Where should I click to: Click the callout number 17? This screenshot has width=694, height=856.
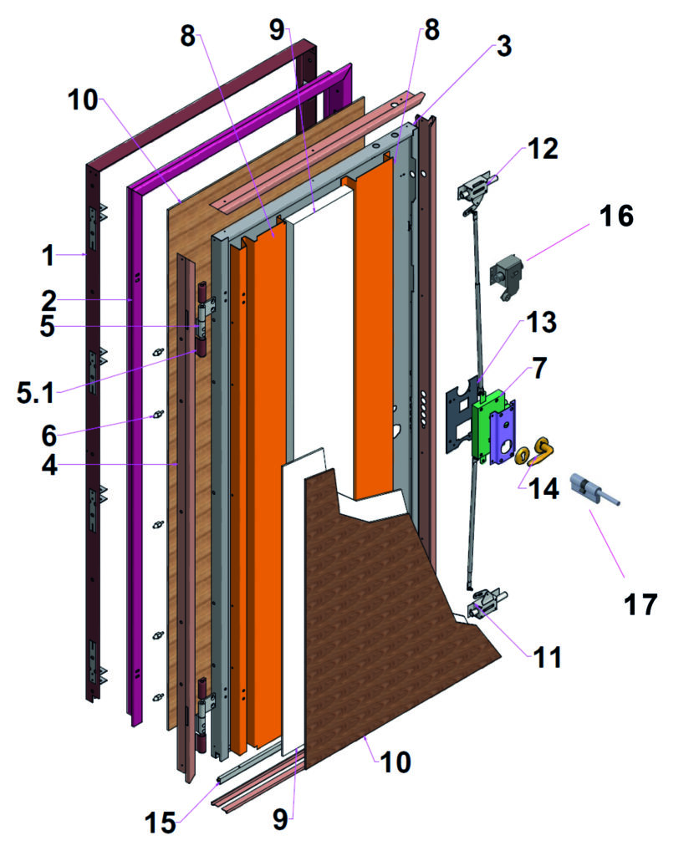(x=640, y=604)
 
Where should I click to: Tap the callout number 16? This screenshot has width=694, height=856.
(x=616, y=216)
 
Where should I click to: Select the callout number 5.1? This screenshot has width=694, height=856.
(x=36, y=393)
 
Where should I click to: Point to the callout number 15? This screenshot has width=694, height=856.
(x=160, y=823)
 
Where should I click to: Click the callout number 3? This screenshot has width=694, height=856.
(x=504, y=46)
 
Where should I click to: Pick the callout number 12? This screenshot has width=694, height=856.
(x=543, y=149)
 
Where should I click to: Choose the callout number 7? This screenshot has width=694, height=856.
(x=539, y=368)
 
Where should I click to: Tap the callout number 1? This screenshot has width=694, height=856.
(x=48, y=255)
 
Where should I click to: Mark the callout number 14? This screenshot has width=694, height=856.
(x=543, y=488)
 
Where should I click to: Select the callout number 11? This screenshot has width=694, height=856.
(x=548, y=657)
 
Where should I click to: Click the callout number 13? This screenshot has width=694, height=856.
(x=541, y=322)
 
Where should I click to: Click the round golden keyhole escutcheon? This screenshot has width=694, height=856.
(x=522, y=456)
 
